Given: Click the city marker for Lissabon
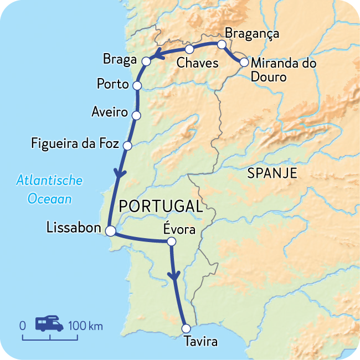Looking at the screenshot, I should pyautogui.click(x=111, y=232).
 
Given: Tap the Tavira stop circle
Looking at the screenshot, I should pyautogui.click(x=186, y=328).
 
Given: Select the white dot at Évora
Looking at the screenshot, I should pyautogui.click(x=171, y=241).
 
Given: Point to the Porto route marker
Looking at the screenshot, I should pyautogui.click(x=137, y=85).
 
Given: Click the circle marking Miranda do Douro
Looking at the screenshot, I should pyautogui.click(x=244, y=63).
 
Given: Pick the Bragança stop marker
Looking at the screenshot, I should pyautogui.click(x=221, y=44).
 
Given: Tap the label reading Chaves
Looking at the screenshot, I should pyautogui.click(x=197, y=63).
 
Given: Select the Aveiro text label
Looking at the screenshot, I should pyautogui.click(x=109, y=113).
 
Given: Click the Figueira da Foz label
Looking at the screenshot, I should pyautogui.click(x=76, y=145).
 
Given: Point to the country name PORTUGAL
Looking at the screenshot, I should pyautogui.click(x=161, y=207).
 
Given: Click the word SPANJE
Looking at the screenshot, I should pyautogui.click(x=272, y=173).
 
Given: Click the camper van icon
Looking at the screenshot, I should pyautogui.click(x=49, y=324).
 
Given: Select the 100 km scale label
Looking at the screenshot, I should pyautogui.click(x=86, y=325).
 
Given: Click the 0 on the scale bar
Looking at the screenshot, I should pyautogui.click(x=23, y=325).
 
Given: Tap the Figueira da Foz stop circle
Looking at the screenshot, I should pyautogui.click(x=127, y=146).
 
